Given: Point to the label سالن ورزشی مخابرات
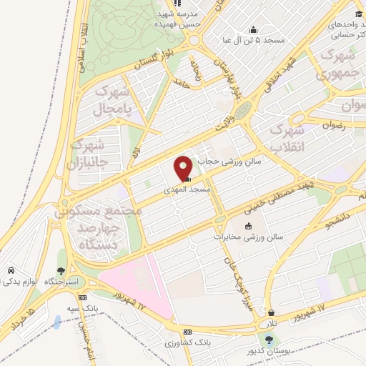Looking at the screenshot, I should [252, 236].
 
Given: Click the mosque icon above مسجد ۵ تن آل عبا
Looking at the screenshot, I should [253, 29].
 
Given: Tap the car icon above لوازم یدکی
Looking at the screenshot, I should [12, 270].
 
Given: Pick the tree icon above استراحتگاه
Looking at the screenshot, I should [61, 271].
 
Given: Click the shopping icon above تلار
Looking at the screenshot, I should [272, 312].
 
